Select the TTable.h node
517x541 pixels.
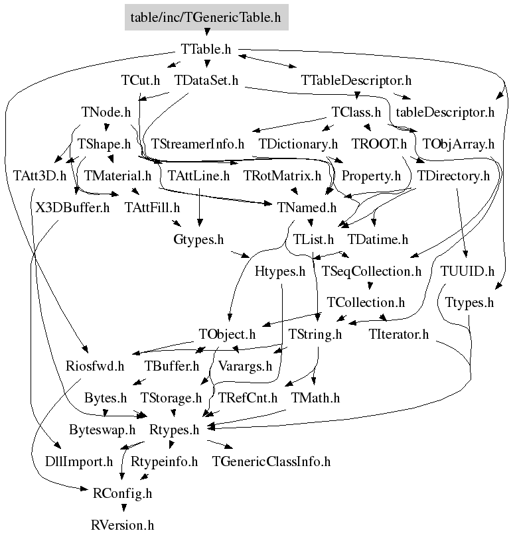coord(205,50)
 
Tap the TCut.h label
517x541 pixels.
coord(141,81)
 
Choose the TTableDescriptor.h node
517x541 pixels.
coord(356,81)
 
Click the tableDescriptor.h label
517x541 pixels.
coord(445,112)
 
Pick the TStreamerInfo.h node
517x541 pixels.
coord(198,144)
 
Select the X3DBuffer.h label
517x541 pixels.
coord(72,208)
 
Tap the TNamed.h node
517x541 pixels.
coord(307,208)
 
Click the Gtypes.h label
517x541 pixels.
coord(194,239)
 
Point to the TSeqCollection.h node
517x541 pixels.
coord(371,270)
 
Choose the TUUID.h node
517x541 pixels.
coord(467,270)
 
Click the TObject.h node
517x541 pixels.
coord(227,334)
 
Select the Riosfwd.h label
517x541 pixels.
coord(95,366)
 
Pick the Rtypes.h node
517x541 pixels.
coord(175,430)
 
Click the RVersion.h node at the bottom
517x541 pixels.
coord(122,525)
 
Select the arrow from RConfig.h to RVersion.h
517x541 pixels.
coord(122,509)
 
